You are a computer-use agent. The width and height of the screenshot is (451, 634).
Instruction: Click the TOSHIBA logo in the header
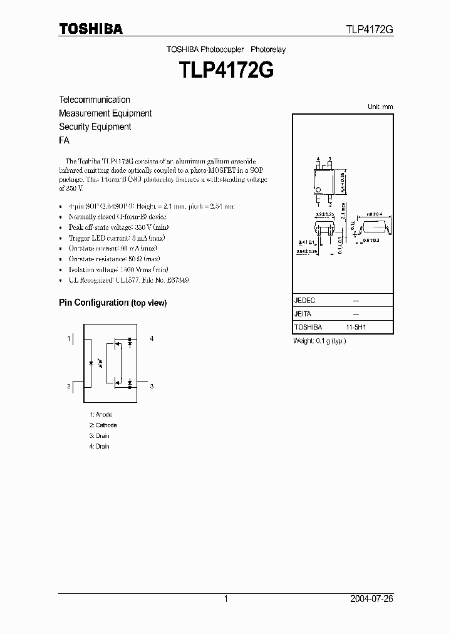click(x=91, y=29)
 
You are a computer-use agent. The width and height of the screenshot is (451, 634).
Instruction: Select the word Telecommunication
click(x=95, y=100)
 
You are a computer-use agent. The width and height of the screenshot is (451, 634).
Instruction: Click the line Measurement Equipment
click(x=105, y=113)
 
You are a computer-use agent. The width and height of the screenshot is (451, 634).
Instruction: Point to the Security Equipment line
click(x=95, y=127)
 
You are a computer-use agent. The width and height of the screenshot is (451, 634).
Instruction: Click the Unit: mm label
click(x=380, y=107)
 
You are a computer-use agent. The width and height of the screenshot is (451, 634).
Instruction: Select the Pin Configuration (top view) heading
click(x=113, y=303)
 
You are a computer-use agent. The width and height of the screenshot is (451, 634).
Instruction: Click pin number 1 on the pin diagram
click(x=69, y=338)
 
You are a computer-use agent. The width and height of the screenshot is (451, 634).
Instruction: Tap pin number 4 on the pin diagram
click(x=152, y=338)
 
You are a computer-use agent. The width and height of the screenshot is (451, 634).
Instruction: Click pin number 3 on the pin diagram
click(x=152, y=387)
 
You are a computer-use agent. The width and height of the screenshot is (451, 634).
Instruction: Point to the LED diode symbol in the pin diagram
click(x=93, y=363)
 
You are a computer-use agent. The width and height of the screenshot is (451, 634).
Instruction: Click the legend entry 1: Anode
click(x=101, y=415)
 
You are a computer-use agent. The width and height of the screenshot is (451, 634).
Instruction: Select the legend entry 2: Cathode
click(x=103, y=425)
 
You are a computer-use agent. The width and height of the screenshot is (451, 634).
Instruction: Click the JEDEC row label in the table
click(x=304, y=301)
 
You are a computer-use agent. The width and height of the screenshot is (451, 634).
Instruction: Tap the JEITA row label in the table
click(x=303, y=314)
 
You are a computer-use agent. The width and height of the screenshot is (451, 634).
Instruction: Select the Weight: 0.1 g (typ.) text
click(x=319, y=341)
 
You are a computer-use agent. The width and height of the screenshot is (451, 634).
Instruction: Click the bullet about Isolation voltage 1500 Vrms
click(x=110, y=269)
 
